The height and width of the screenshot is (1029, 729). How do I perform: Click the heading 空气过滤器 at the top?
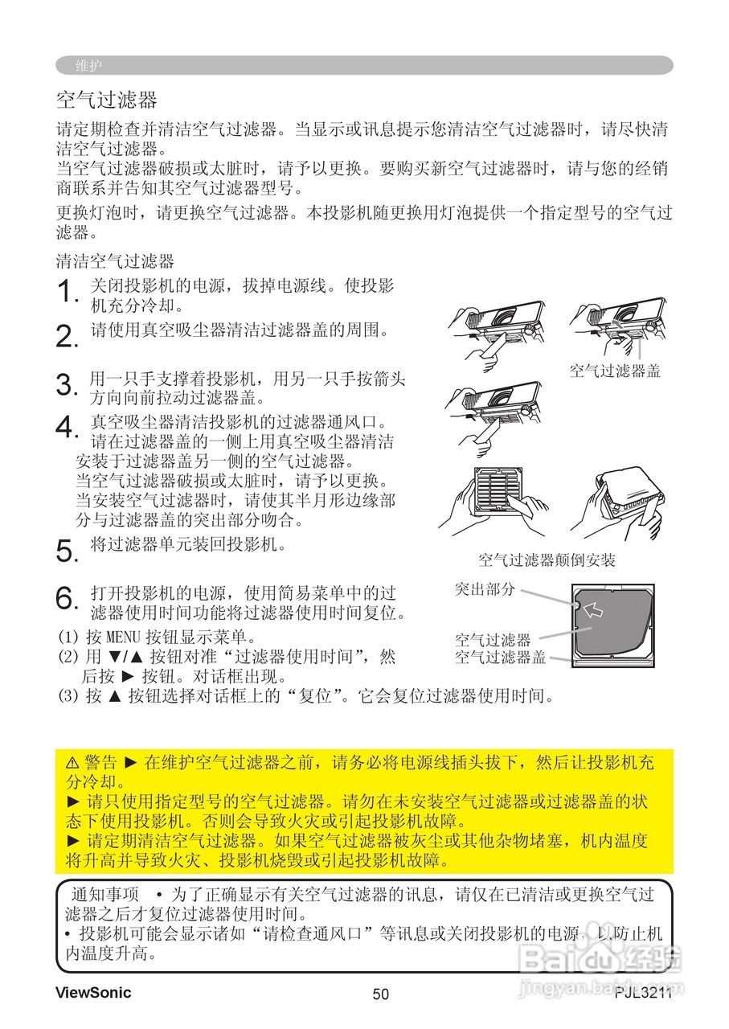tap(106, 100)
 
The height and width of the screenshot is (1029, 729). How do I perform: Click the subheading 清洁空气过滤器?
tap(115, 261)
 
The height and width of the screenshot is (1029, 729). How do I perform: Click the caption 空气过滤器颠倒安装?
tap(547, 560)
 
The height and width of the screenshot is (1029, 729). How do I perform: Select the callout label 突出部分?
tap(485, 589)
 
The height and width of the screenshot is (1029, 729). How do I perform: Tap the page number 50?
tap(380, 994)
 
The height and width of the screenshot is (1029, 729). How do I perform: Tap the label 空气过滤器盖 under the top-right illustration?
tap(614, 371)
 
